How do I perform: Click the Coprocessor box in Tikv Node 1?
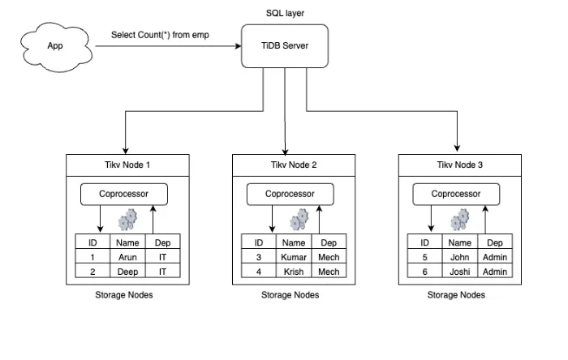123,195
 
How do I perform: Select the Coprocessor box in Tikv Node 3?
455,195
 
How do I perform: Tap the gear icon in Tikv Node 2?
299,219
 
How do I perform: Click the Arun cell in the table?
128,257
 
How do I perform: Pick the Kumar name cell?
294,257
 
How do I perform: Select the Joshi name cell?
459,272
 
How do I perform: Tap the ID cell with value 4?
259,272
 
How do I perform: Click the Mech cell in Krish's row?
329,272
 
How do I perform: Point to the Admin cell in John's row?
494,257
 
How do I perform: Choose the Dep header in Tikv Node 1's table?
162,242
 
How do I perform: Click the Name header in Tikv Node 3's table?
459,242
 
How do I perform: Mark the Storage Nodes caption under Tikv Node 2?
290,295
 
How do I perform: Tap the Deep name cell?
128,272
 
